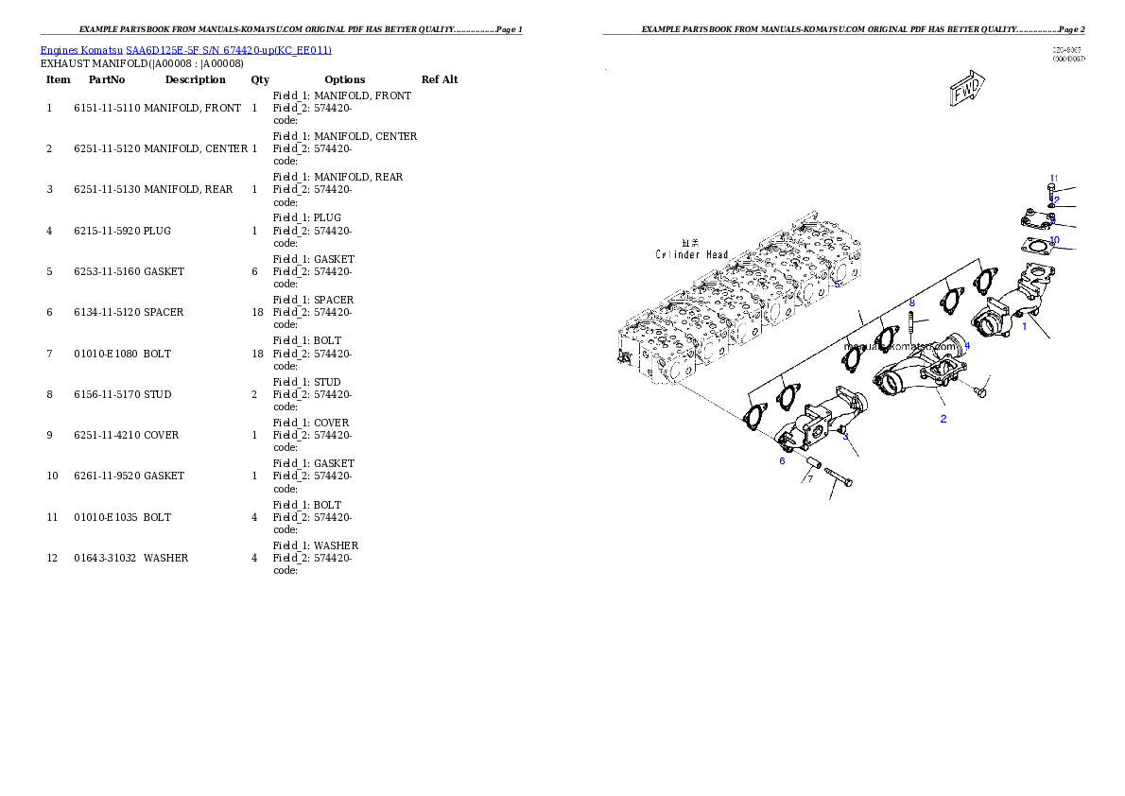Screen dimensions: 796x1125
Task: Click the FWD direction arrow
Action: point(966,91)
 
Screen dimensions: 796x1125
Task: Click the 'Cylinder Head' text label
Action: point(692,254)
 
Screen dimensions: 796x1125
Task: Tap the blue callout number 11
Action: point(1053,179)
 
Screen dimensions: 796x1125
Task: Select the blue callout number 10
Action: point(1054,240)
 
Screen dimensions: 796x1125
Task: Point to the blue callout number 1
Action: point(1024,326)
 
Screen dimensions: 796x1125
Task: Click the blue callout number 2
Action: point(943,418)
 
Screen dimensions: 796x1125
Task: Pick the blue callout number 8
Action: point(911,303)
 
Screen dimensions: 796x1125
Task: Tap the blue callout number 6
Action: point(782,460)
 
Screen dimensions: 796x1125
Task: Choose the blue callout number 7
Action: point(809,478)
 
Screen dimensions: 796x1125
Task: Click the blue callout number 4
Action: point(966,346)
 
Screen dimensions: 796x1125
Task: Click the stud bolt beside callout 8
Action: point(910,322)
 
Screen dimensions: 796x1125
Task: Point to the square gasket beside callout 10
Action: point(1037,248)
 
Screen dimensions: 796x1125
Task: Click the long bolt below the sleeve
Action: point(839,477)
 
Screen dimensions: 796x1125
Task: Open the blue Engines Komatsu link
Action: point(185,49)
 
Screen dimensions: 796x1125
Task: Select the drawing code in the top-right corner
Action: point(1068,54)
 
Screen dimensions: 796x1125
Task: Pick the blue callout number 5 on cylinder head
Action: point(837,283)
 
